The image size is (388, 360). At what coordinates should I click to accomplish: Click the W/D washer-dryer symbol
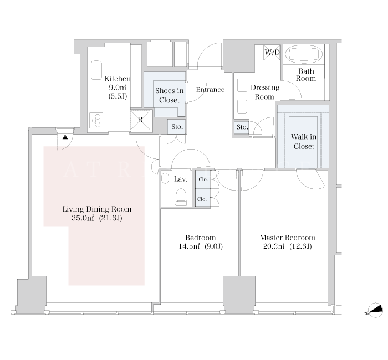(x=272, y=52)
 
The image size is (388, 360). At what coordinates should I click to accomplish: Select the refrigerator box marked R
(x=140, y=120)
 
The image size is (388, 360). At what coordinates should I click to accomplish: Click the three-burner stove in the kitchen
(x=96, y=121)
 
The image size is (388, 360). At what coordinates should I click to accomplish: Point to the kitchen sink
(x=96, y=70)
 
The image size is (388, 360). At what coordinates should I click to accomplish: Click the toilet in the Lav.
(x=181, y=197)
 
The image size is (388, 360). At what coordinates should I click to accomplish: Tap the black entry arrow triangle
(x=65, y=137)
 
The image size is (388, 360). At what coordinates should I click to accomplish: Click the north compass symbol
(x=374, y=310)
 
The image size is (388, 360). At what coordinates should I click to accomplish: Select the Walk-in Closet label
(x=304, y=141)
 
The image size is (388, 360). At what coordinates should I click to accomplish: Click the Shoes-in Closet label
(x=169, y=95)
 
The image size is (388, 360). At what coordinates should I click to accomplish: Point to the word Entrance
(x=210, y=90)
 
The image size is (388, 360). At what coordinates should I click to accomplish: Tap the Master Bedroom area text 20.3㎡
(x=274, y=246)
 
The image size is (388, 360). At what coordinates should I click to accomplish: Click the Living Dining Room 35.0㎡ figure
(x=83, y=218)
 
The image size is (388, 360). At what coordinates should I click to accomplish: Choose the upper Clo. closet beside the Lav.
(x=203, y=179)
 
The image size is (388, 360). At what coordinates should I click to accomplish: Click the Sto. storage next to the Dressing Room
(x=242, y=127)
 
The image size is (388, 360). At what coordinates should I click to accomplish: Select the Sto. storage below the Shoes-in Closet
(x=176, y=127)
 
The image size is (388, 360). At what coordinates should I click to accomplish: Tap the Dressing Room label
(x=265, y=92)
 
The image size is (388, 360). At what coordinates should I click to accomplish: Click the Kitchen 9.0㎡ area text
(x=118, y=88)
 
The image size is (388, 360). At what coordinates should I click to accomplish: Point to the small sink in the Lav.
(x=165, y=178)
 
